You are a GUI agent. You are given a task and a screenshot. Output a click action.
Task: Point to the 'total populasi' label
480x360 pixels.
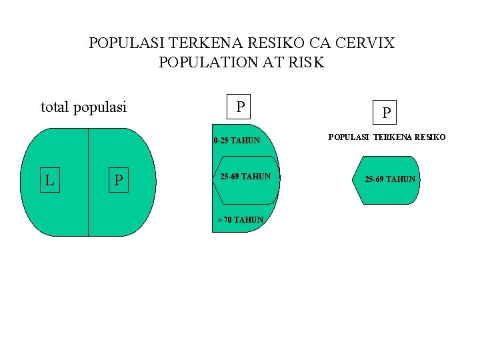(x=83, y=107)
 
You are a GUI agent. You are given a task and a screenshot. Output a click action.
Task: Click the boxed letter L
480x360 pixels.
(x=50, y=180)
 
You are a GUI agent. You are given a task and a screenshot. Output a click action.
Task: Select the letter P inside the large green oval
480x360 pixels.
(x=118, y=180)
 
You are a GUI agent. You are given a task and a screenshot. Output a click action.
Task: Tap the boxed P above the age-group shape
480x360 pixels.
(x=240, y=107)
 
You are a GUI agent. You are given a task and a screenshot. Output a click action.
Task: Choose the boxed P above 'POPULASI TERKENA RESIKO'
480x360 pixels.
(x=385, y=112)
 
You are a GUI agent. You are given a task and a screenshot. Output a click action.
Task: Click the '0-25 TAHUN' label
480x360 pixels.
(x=237, y=141)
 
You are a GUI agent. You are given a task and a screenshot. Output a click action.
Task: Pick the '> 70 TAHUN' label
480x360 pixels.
(x=240, y=220)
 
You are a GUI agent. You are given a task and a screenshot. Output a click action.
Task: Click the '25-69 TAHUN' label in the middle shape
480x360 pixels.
(x=245, y=177)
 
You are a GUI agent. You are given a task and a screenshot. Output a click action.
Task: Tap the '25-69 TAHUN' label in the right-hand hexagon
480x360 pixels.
(x=390, y=179)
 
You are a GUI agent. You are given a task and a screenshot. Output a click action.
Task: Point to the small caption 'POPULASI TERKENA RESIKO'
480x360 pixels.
(x=387, y=137)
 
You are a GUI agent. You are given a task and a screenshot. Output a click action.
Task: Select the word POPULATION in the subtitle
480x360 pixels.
(x=208, y=63)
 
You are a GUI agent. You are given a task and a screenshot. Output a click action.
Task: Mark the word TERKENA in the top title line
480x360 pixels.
(x=203, y=44)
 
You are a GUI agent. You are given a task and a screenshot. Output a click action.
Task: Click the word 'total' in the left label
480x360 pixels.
(x=55, y=107)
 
